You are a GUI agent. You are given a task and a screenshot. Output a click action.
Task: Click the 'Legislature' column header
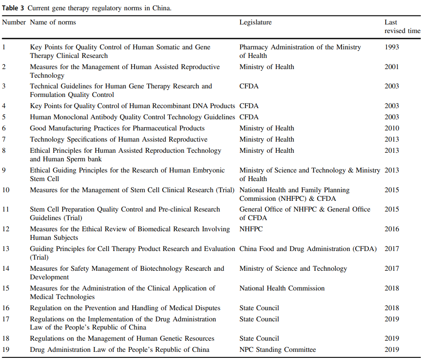256,22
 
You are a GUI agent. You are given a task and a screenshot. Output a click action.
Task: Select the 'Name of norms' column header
53,22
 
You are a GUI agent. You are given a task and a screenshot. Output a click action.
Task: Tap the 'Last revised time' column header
402,27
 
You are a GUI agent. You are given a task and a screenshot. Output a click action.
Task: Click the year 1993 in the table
392,47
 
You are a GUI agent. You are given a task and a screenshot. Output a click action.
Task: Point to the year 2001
392,67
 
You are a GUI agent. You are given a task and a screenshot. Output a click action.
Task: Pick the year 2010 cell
392,128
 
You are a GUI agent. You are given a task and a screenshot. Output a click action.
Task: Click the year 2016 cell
392,229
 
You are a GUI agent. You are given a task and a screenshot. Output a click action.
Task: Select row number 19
6,350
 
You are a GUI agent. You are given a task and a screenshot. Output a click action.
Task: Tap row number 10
6,190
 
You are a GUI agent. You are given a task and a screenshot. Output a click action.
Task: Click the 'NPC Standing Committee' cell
277,350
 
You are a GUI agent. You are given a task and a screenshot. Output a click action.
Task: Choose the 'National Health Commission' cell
282,288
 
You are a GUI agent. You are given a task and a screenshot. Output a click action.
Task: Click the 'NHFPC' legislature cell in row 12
251,229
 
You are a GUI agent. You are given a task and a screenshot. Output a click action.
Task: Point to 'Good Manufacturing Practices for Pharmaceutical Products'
117,128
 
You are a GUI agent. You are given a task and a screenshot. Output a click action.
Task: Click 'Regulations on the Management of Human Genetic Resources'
122,339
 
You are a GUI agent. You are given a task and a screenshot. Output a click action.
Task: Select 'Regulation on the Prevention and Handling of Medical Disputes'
125,308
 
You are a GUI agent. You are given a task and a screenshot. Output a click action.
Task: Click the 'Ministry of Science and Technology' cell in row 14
293,269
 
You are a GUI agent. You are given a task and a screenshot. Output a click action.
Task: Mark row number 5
4,117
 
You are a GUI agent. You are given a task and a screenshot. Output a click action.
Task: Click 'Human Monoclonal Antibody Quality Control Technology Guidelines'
132,117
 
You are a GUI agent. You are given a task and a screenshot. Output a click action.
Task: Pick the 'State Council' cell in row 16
259,308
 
